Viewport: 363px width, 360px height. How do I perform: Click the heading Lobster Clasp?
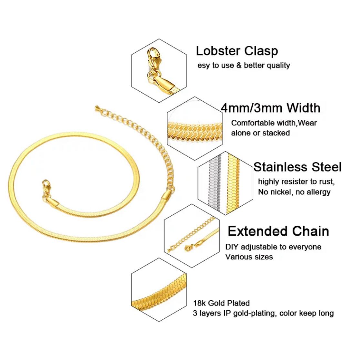click(x=237, y=51)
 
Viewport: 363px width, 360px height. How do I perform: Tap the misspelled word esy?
click(x=203, y=65)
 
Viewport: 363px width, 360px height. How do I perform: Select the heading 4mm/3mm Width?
click(x=270, y=108)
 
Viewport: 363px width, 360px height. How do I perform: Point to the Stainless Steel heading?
click(x=297, y=167)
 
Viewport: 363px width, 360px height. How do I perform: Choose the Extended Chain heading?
click(x=278, y=231)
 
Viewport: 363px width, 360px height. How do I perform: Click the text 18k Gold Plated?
click(x=221, y=303)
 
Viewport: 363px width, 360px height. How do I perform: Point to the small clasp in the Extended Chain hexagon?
click(x=187, y=248)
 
